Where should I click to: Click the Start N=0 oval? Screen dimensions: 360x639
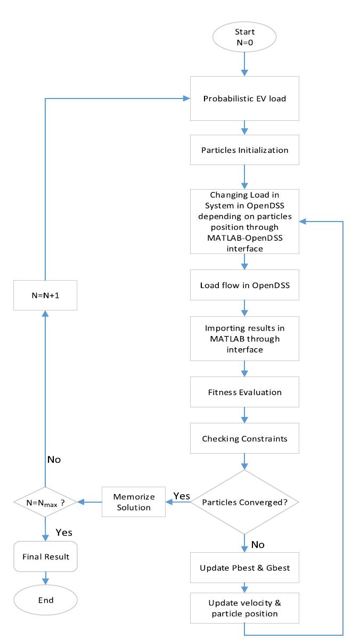pyautogui.click(x=244, y=37)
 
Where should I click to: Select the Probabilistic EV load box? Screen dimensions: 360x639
pyautogui.click(x=244, y=99)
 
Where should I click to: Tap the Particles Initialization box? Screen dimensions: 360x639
pyautogui.click(x=244, y=150)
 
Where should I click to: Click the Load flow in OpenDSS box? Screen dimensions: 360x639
pyautogui.click(x=244, y=285)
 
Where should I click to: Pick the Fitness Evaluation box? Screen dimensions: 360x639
pyautogui.click(x=244, y=392)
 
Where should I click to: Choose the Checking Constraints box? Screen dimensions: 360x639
pyautogui.click(x=244, y=438)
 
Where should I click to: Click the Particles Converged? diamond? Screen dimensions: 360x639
pyautogui.click(x=244, y=502)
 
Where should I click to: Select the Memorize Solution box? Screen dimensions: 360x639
pyautogui.click(x=134, y=502)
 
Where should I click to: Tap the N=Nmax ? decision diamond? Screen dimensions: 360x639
pyautogui.click(x=45, y=502)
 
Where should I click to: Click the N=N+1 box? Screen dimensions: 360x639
pyautogui.click(x=45, y=295)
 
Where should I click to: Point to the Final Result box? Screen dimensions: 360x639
pyautogui.click(x=45, y=556)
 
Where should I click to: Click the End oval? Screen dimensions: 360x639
pyautogui.click(x=45, y=600)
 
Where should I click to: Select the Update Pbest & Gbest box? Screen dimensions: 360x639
pyautogui.click(x=244, y=568)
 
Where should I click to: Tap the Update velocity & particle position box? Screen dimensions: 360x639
pyautogui.click(x=244, y=608)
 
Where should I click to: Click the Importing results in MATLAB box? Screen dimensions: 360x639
pyautogui.click(x=244, y=339)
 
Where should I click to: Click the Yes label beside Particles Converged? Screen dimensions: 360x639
pyautogui.click(x=182, y=496)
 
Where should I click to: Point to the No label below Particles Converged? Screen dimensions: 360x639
pyautogui.click(x=258, y=545)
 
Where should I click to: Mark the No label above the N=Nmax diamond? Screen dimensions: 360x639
pyautogui.click(x=54, y=460)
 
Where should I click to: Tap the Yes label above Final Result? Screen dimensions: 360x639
pyautogui.click(x=64, y=532)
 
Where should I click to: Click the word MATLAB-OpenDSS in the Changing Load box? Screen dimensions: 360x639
pyautogui.click(x=245, y=238)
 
